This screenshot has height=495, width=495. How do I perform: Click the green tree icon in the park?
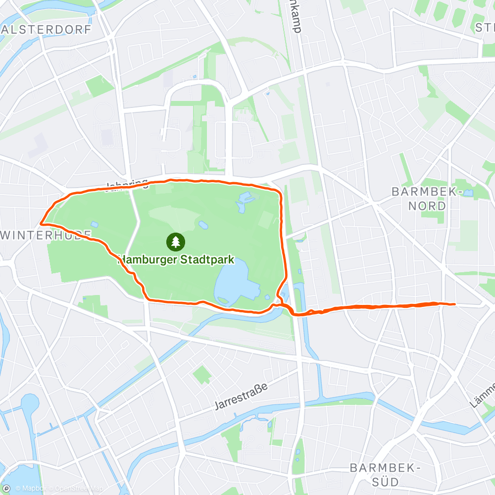176,242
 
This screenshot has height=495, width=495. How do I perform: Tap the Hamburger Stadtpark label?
176,260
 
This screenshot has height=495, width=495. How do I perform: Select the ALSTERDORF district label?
47,29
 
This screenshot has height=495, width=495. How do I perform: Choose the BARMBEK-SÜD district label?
385,474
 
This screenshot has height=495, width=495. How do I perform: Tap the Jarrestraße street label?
241,396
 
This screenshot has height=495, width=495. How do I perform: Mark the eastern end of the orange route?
454,304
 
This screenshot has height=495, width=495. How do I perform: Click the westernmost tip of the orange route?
40,224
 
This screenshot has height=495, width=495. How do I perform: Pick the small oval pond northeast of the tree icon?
203,225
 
